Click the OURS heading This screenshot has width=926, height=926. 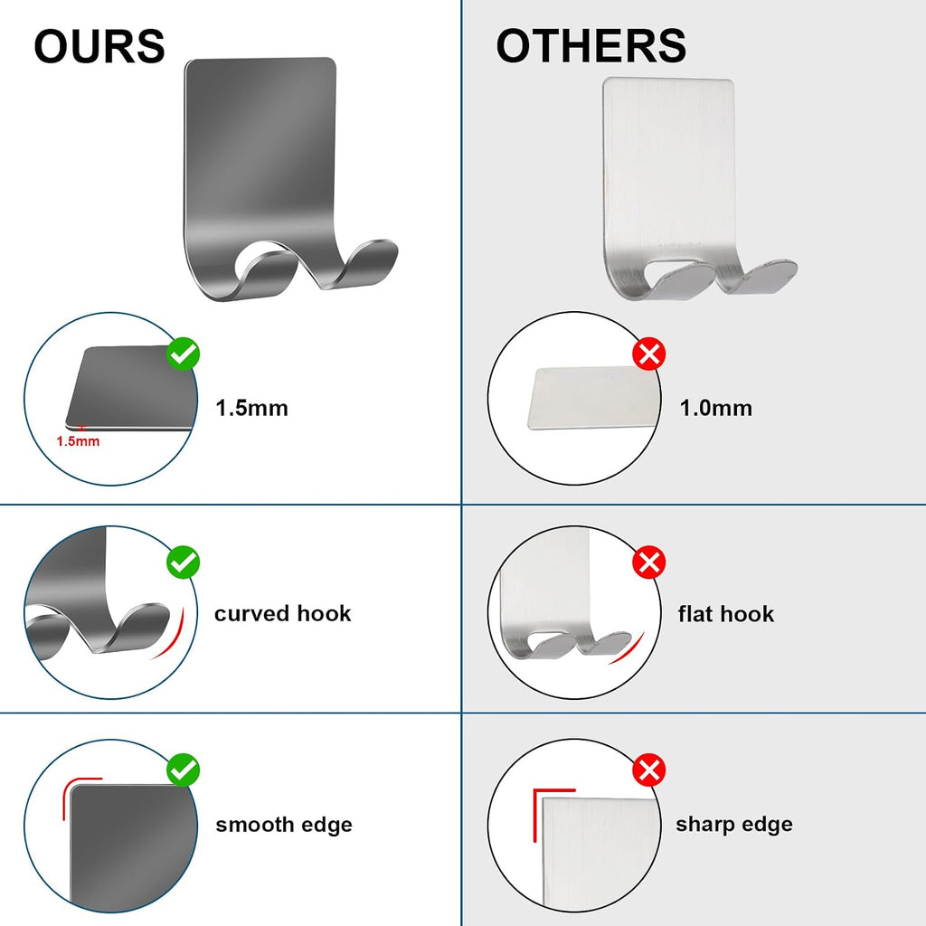point(99,46)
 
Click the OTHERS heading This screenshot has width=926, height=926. point(591,46)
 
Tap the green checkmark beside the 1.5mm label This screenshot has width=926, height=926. point(183,354)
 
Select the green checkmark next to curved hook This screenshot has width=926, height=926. point(183,562)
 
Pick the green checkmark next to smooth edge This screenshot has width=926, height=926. point(183,770)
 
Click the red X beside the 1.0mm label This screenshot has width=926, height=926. point(649,354)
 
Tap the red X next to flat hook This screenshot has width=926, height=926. point(649,562)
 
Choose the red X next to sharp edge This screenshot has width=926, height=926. point(649,770)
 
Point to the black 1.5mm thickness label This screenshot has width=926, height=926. point(251,408)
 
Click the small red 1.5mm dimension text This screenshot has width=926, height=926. point(78,441)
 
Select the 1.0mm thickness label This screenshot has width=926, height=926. point(716,408)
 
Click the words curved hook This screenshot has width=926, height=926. point(282,614)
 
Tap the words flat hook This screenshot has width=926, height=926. point(726,614)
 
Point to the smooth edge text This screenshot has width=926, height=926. point(283,825)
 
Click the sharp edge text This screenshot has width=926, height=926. point(734,824)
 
